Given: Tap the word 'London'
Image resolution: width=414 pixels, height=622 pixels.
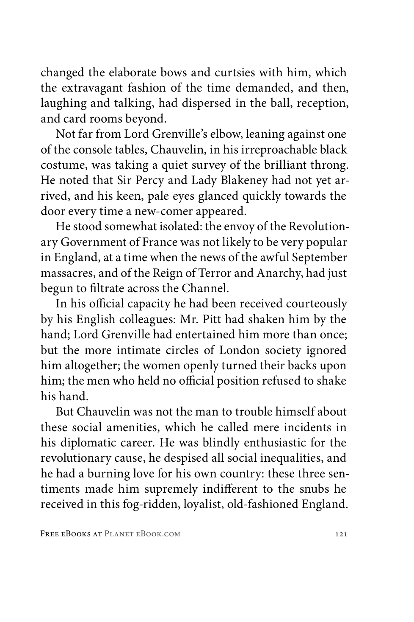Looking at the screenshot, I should pos(237,350).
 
